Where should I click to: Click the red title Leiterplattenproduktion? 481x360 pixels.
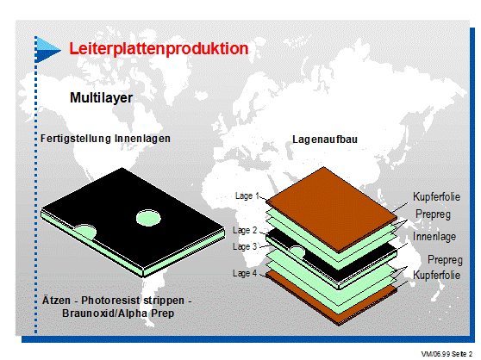coord(159,49)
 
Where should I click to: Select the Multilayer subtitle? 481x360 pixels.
coord(101,98)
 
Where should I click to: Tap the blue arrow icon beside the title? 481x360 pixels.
coord(47,50)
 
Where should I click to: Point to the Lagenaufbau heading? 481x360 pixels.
coord(325,140)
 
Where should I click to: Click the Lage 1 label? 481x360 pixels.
coord(247,196)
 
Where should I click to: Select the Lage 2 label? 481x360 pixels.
coord(245,230)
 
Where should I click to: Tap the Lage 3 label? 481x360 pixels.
coord(245,246)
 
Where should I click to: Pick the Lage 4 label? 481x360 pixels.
coord(245,273)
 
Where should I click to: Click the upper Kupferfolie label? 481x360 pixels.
coord(436,196)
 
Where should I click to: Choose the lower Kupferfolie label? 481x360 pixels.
coord(436,275)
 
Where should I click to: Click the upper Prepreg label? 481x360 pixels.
coord(433,214)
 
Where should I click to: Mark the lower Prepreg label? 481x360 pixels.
coord(445,260)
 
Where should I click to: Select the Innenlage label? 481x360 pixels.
coord(434,237)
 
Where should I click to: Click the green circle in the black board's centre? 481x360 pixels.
coord(148,218)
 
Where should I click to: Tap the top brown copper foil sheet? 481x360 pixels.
coord(331,209)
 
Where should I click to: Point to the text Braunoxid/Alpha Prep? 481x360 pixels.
coord(118,313)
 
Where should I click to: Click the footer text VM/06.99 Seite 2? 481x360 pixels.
coord(447,354)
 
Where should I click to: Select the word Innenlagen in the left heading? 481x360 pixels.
coord(142,139)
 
